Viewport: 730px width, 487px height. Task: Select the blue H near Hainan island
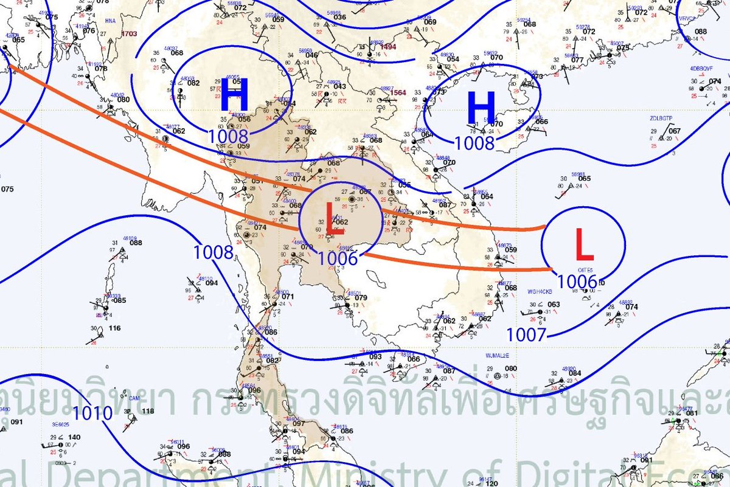[481, 109]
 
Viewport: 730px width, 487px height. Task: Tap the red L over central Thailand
[332, 218]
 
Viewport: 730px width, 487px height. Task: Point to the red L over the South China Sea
[583, 246]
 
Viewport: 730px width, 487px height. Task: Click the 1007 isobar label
[526, 334]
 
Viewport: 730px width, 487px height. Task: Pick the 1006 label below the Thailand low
[337, 258]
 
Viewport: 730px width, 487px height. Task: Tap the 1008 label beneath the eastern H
[474, 143]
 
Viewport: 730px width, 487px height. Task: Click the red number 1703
[129, 34]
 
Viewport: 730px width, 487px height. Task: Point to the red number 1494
[388, 46]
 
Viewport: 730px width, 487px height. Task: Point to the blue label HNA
[110, 21]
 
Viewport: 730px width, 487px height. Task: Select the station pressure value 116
[114, 328]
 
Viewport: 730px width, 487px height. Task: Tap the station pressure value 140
[74, 437]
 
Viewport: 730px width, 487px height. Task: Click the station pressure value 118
[147, 411]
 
